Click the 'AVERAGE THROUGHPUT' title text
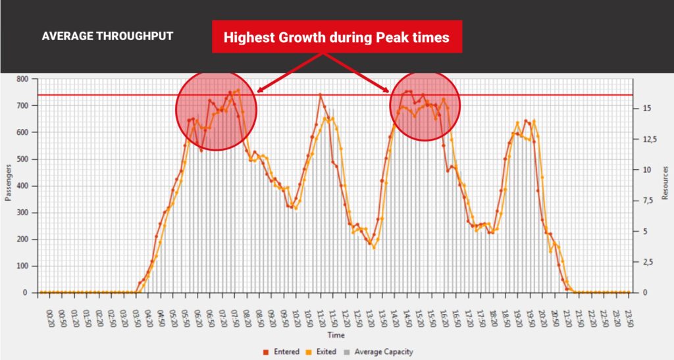click(107, 36)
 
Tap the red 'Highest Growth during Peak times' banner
click(336, 37)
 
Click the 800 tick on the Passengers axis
click(24, 79)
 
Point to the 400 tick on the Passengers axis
click(24, 186)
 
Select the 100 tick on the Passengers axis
click(24, 266)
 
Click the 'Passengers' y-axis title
click(9, 186)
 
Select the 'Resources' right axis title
click(665, 186)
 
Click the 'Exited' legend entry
click(323, 352)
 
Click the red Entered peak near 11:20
click(321, 94)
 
